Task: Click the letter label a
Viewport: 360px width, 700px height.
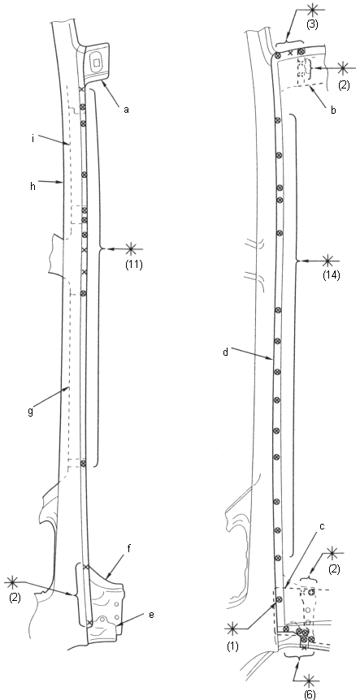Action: [x=127, y=110]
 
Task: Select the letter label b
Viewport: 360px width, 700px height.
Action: [x=334, y=110]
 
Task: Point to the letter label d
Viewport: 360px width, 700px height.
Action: [x=226, y=352]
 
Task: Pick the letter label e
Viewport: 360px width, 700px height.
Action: [x=151, y=615]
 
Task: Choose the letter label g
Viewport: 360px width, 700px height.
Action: [x=30, y=413]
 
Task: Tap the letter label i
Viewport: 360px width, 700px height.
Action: [x=33, y=139]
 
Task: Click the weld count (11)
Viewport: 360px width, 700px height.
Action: [x=133, y=264]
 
